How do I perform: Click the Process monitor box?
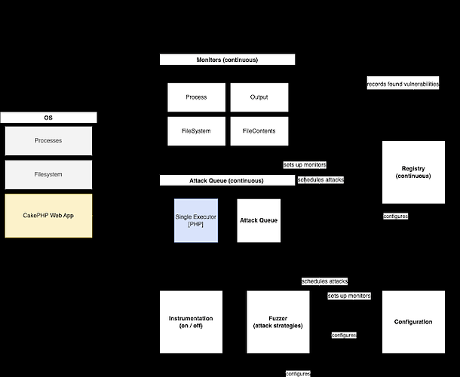pos(196,97)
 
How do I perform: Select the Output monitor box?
pos(259,97)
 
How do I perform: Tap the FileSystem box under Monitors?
pos(196,131)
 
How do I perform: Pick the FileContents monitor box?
pos(259,131)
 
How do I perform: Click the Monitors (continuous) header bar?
pos(227,60)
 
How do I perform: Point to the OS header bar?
pos(48,118)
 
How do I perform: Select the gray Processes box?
pos(48,141)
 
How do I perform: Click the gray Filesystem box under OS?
pos(48,174)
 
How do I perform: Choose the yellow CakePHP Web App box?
pos(48,216)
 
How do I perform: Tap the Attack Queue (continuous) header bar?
pos(227,181)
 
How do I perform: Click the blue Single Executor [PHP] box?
pos(196,220)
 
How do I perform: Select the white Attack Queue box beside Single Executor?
pos(259,220)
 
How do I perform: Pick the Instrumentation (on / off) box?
pos(191,322)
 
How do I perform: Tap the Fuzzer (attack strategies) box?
pos(278,322)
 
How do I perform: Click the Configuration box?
pos(413,322)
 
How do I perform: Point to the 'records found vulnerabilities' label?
pos(403,84)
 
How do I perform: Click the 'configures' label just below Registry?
pos(396,216)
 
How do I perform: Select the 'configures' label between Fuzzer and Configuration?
pos(344,335)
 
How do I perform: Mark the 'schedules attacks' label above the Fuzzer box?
pos(324,281)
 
